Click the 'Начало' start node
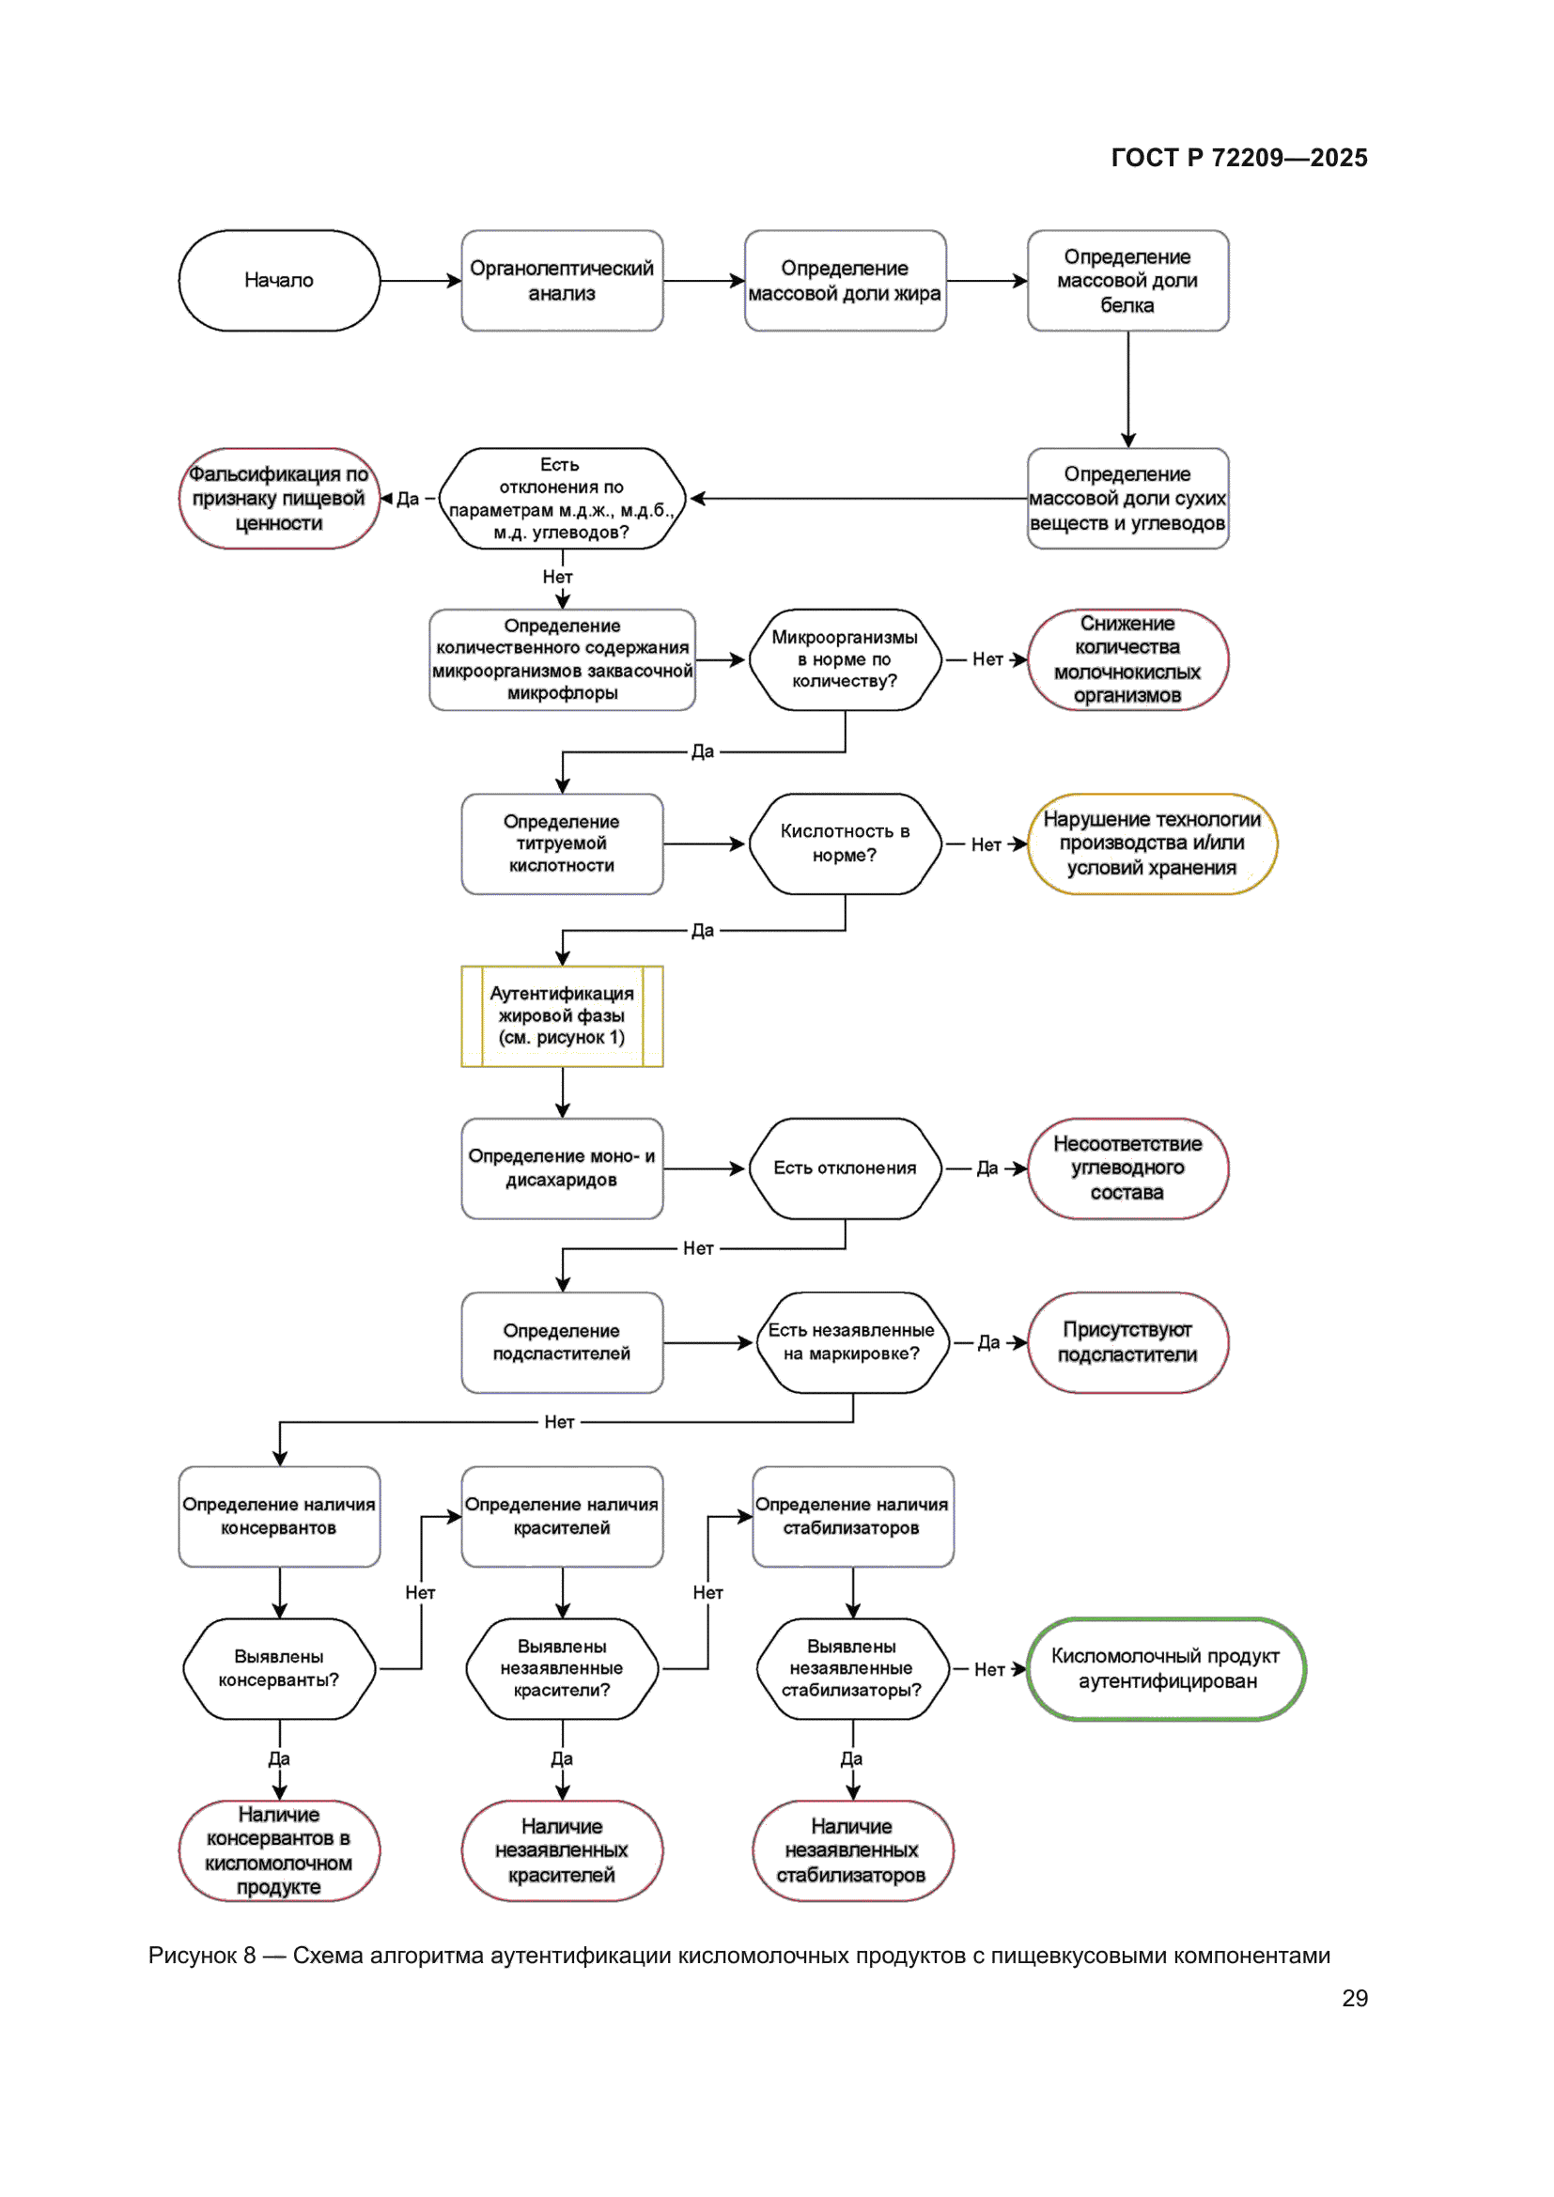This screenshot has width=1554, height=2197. (x=278, y=280)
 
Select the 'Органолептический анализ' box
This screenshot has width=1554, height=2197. (x=562, y=280)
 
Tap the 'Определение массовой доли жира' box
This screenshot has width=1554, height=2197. (x=844, y=280)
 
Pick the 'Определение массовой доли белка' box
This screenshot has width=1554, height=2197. (x=1127, y=280)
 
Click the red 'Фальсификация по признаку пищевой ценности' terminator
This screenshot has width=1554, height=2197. (x=278, y=499)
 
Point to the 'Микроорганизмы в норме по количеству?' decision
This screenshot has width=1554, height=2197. (x=844, y=659)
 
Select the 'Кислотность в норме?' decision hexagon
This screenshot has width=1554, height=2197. (x=844, y=843)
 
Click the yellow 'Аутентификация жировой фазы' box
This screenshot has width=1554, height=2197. (x=562, y=1015)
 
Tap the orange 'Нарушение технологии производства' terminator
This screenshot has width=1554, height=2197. (x=1151, y=843)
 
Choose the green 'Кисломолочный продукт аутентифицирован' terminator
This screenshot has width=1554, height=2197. (x=1165, y=1668)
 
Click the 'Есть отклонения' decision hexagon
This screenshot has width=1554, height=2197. (x=844, y=1168)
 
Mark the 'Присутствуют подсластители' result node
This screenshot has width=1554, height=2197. (x=1127, y=1341)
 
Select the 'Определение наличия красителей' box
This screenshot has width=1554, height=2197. (x=562, y=1516)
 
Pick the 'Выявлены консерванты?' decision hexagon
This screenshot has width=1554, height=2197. (x=278, y=1668)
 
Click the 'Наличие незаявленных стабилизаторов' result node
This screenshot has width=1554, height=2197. (x=851, y=1849)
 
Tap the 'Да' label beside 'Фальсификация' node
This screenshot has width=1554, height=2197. (x=408, y=499)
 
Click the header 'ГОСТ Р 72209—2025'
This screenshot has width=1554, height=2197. (x=1238, y=158)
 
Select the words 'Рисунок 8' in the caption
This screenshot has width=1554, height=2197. (x=202, y=1955)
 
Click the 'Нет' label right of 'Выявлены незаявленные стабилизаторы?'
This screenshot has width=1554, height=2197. (x=988, y=1669)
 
